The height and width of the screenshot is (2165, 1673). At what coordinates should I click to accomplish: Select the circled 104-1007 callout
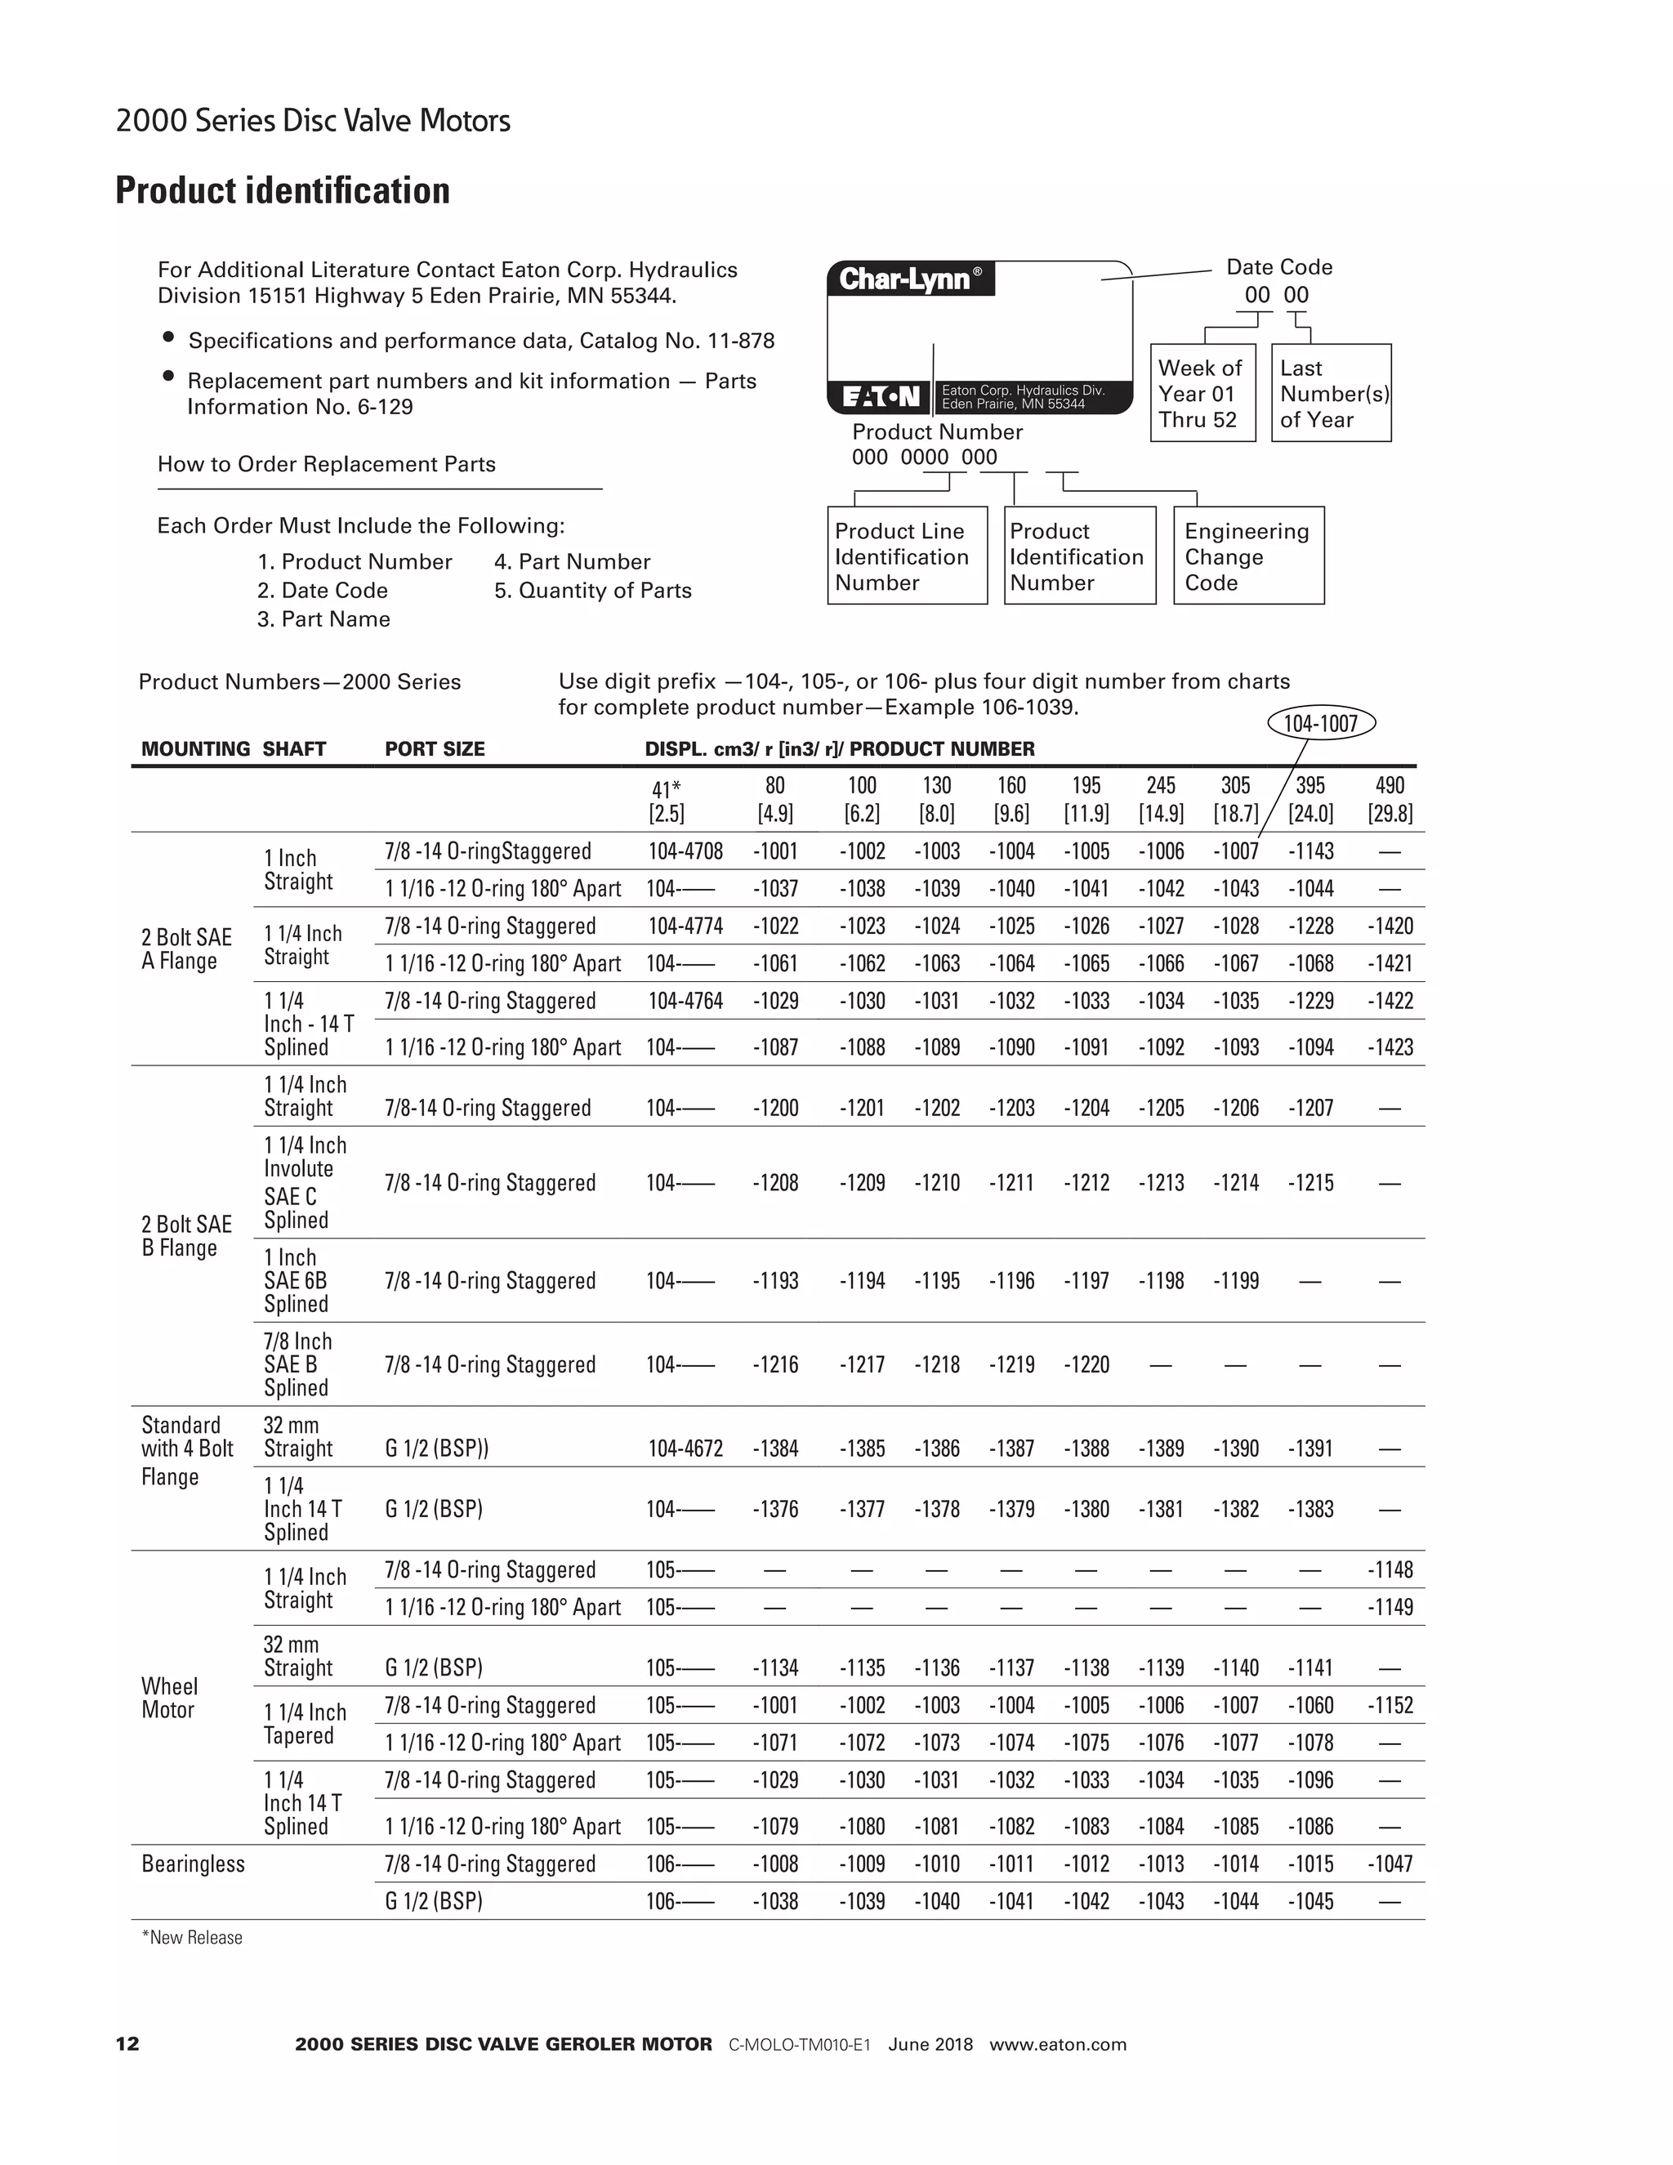(x=1320, y=724)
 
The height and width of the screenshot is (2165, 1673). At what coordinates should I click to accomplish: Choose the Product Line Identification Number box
(x=906, y=556)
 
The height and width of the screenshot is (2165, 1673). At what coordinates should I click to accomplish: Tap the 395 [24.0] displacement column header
(x=1309, y=800)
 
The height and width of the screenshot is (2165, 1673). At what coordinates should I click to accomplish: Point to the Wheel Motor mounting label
(x=168, y=1699)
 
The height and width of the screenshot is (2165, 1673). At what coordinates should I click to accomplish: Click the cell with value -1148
(x=1389, y=1570)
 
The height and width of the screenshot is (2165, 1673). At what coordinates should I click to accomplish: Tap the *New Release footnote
(x=192, y=1938)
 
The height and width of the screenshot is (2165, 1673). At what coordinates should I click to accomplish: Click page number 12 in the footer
(x=128, y=2044)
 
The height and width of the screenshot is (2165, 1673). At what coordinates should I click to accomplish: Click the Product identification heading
(x=283, y=190)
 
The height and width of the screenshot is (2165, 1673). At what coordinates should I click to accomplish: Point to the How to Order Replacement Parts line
(x=326, y=465)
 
